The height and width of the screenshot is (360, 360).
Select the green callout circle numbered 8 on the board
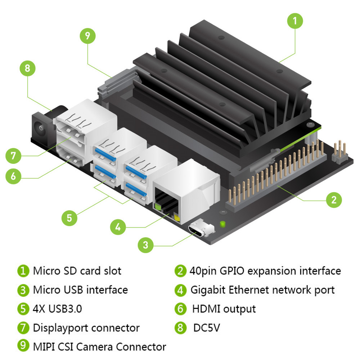pyautogui.click(x=27, y=68)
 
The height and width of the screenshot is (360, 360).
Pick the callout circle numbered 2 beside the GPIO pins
pyautogui.click(x=334, y=199)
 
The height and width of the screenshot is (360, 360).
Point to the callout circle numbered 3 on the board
pyautogui.click(x=145, y=245)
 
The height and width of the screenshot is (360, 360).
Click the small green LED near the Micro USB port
pyautogui.click(x=222, y=224)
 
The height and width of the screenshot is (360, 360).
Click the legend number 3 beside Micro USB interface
pyautogui.click(x=23, y=290)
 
